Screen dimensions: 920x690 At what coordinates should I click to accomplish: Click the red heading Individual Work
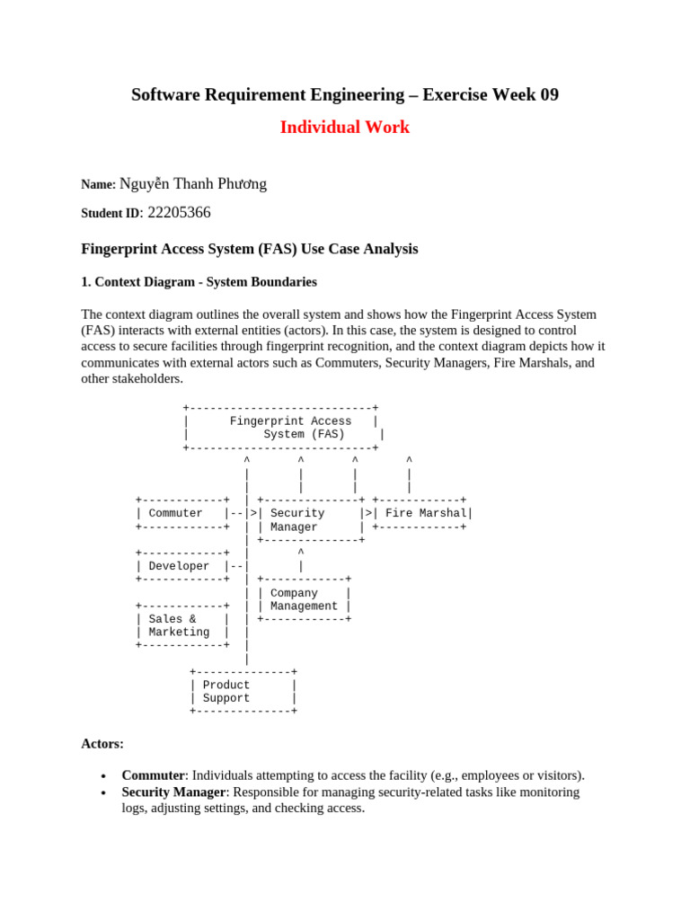(x=344, y=128)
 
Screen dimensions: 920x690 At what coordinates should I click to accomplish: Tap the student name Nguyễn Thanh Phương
(x=192, y=184)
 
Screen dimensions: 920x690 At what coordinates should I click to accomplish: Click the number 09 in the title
(x=548, y=94)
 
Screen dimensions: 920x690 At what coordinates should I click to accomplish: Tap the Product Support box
(x=243, y=691)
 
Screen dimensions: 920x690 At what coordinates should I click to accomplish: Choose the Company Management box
(x=304, y=599)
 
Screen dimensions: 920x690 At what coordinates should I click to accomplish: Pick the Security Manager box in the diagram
(x=309, y=520)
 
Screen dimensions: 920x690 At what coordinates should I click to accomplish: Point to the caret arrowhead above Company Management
(x=301, y=553)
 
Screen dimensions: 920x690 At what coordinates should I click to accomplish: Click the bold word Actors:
(x=102, y=744)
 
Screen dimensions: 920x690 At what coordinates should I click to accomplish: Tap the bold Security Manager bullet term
(x=173, y=792)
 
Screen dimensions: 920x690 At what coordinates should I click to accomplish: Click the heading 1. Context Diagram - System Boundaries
(x=199, y=282)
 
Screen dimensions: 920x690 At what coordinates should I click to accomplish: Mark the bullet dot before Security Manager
(x=104, y=793)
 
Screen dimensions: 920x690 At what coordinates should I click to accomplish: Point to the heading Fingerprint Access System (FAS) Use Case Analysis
(x=250, y=249)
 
